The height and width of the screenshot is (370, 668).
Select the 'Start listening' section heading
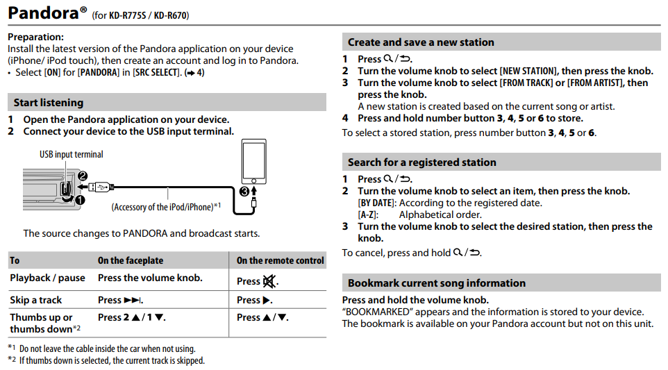(49, 103)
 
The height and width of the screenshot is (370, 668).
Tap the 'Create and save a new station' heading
(421, 42)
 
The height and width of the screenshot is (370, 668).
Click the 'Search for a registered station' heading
(421, 162)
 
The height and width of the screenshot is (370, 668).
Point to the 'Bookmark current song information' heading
(436, 283)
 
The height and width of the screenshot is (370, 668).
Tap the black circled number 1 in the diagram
(79, 200)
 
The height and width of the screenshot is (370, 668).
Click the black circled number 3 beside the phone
(243, 191)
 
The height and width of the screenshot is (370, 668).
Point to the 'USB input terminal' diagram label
(71, 154)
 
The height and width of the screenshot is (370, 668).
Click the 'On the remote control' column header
(280, 261)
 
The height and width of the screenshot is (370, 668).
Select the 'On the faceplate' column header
(131, 261)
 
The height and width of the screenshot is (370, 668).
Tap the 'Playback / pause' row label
(47, 278)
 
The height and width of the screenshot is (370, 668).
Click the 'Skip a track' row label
(36, 300)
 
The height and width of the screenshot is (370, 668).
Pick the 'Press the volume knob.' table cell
(150, 278)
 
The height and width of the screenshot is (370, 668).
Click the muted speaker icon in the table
(269, 282)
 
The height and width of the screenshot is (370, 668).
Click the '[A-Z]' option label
(368, 215)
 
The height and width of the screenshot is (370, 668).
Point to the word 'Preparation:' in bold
(35, 37)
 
